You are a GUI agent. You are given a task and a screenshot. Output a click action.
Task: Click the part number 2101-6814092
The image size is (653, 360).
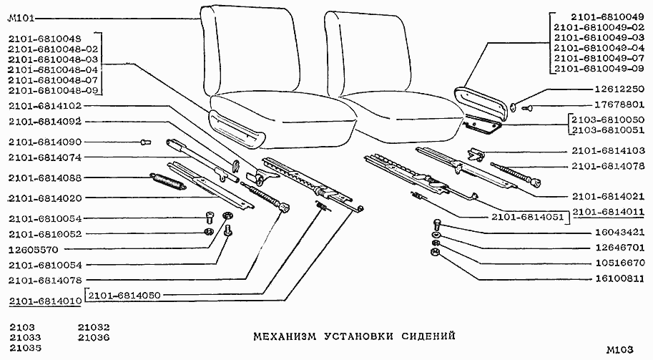[44, 122]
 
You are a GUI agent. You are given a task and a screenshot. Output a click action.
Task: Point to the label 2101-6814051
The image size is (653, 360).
[528, 215]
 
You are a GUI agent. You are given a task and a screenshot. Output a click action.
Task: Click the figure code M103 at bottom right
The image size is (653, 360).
[619, 350]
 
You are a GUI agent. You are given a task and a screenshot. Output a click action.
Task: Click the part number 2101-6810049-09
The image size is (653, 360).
[600, 69]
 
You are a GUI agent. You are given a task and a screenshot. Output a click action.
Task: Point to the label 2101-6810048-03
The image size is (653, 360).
[54, 59]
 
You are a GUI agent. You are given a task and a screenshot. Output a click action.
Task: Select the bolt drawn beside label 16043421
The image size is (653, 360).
[436, 224]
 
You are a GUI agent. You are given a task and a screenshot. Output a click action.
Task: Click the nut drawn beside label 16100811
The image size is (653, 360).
[436, 253]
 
